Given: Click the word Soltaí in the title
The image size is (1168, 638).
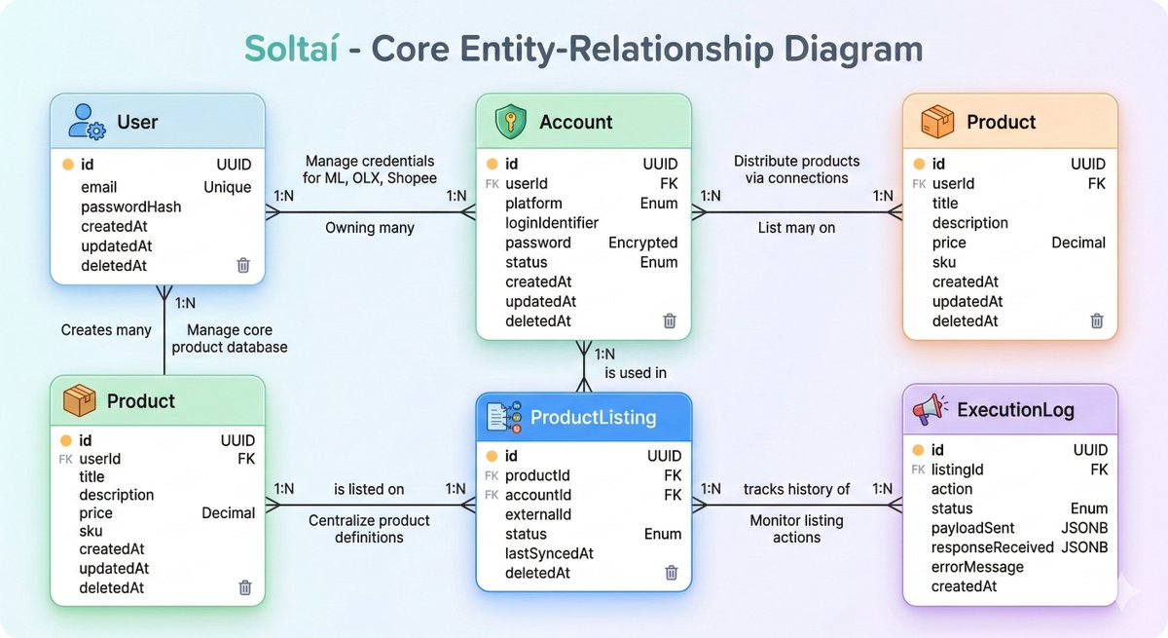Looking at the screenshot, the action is click(x=291, y=49).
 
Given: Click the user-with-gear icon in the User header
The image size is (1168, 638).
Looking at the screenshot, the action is click(x=87, y=122).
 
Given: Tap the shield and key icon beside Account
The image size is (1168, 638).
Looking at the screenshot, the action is click(x=510, y=121).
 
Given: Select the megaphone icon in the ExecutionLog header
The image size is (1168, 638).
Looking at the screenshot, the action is click(x=930, y=409).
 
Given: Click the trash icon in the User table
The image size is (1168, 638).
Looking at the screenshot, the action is click(x=243, y=265).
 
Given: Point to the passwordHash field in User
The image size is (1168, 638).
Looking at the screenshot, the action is click(x=130, y=207).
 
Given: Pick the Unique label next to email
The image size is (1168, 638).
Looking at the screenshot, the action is click(x=228, y=187).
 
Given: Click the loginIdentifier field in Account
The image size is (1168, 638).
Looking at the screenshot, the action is click(x=552, y=223).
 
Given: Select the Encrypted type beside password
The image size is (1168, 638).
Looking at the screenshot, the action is click(x=643, y=243).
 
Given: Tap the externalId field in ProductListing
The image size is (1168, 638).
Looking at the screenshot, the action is click(x=538, y=515).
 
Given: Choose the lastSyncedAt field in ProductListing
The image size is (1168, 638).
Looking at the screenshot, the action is click(x=549, y=553).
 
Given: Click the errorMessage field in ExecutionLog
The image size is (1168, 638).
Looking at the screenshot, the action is click(x=977, y=567).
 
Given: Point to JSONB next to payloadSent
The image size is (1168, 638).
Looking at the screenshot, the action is click(x=1084, y=528).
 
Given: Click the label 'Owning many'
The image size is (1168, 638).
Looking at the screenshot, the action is click(x=370, y=228).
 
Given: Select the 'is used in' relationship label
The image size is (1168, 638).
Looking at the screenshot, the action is click(x=636, y=373).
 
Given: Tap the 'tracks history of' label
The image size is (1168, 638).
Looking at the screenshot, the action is click(x=796, y=489).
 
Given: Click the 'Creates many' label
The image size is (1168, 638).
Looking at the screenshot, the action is click(x=106, y=330).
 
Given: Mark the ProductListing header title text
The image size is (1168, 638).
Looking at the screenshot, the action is click(x=593, y=417).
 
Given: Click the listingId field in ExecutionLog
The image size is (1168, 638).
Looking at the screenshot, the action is click(x=958, y=470).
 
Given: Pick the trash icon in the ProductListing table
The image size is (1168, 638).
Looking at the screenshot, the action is click(x=672, y=573).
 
